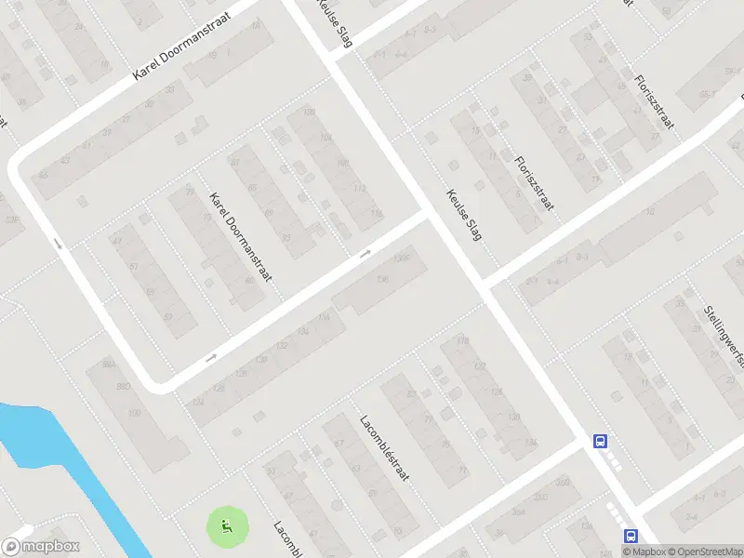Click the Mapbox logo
tap(42, 547)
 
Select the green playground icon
tap(227, 528)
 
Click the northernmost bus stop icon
tap(601, 442)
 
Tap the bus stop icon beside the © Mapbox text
tap(631, 536)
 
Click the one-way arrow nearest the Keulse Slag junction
tap(365, 253)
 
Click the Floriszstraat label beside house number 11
tap(534, 182)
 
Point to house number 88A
tap(109, 365)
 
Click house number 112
tap(359, 189)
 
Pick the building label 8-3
tap(583, 256)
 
